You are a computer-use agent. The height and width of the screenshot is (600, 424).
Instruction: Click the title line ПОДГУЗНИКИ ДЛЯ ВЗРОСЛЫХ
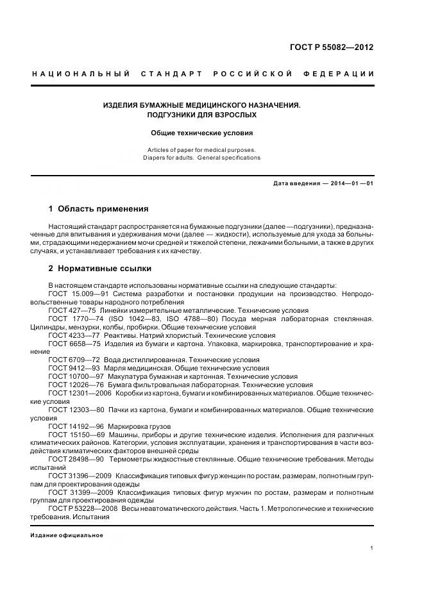[x=202, y=115]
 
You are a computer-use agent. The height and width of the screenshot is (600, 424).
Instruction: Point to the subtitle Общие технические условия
[x=202, y=133]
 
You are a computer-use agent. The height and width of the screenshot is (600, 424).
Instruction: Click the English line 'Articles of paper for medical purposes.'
[x=202, y=150]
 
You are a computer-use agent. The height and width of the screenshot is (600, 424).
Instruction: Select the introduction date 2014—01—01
[x=351, y=183]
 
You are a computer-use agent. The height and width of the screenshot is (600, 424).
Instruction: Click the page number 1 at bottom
[x=372, y=548]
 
